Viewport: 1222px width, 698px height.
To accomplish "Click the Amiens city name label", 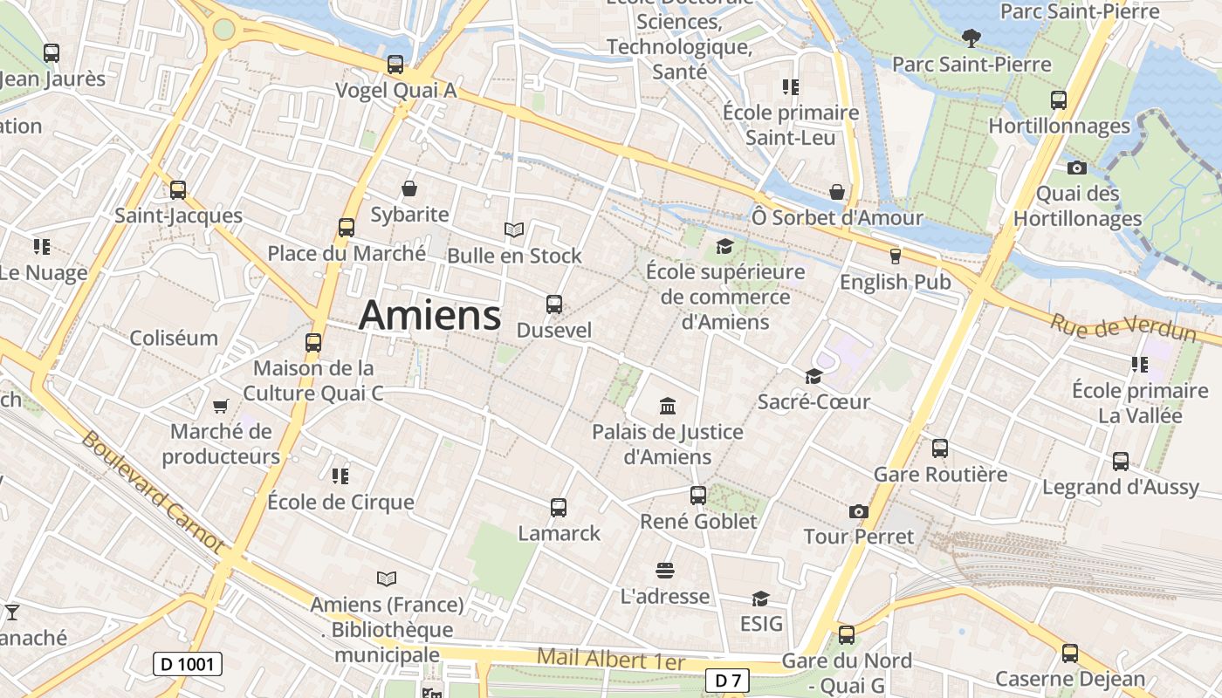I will point(429,315).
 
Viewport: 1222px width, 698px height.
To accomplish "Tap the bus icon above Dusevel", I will point(553,305).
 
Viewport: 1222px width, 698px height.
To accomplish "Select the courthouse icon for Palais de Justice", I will point(668,406).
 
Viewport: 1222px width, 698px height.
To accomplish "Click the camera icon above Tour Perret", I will point(859,511).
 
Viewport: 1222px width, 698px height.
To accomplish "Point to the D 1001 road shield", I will point(188,664).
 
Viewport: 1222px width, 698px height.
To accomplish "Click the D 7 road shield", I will point(726,681).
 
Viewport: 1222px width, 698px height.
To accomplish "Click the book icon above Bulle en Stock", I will point(514,230).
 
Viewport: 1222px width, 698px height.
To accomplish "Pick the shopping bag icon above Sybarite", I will point(408,188).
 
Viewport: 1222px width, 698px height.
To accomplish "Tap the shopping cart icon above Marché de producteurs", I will point(221,406).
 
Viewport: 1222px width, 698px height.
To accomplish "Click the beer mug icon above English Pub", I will point(895,256).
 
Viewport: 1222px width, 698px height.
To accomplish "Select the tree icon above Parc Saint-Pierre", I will point(970,38).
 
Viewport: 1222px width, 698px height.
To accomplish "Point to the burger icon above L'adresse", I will point(665,571).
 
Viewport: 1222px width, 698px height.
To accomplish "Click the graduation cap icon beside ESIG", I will point(760,599).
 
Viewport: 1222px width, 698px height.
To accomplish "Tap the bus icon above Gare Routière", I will point(940,448).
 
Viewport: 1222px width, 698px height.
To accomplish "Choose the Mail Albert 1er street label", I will point(611,659).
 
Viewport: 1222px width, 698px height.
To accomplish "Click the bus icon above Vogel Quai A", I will point(395,65).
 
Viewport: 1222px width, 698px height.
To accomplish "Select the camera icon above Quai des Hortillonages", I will point(1077,168).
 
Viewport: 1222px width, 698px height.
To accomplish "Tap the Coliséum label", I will point(174,338).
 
